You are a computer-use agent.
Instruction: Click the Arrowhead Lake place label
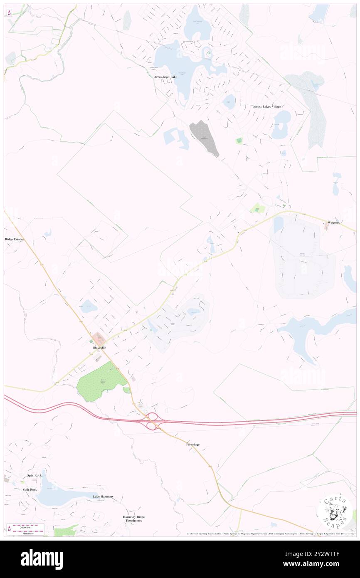[165, 77]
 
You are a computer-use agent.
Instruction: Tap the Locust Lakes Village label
[267, 106]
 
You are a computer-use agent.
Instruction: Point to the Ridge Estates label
[15, 240]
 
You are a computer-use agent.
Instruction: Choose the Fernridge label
[192, 445]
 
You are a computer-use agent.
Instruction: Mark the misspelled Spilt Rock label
[30, 489]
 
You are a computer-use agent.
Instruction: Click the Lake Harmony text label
[103, 496]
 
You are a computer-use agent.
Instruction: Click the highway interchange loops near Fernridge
[152, 420]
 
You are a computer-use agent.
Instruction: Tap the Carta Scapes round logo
[335, 512]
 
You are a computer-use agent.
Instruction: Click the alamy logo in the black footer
[42, 559]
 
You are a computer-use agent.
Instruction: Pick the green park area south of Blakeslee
[101, 381]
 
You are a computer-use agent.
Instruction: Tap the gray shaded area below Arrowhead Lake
[203, 137]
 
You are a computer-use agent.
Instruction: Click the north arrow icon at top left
[9, 12]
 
